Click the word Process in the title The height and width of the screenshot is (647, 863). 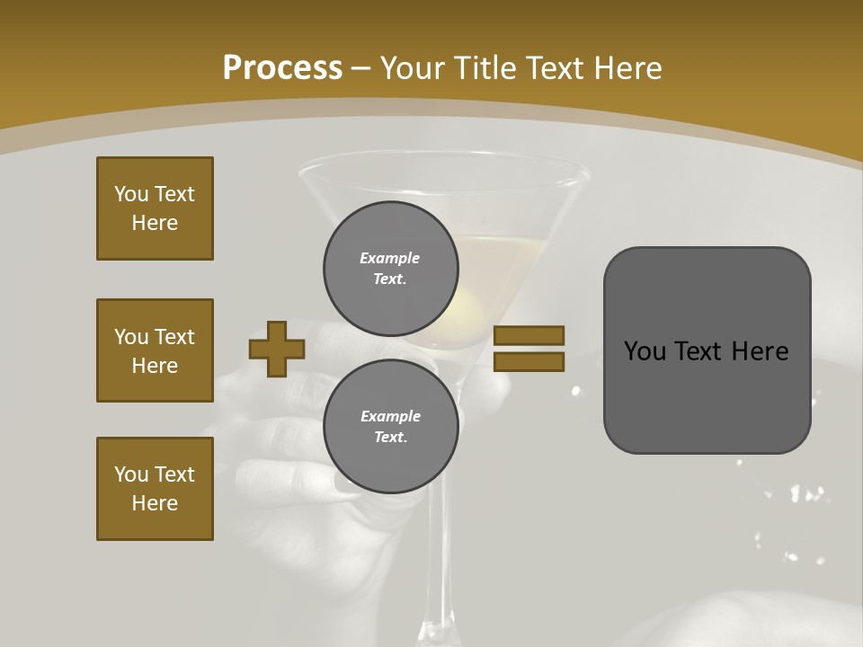pos(282,67)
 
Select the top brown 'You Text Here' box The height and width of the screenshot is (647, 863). pos(155,208)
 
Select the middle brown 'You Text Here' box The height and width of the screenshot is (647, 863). pos(155,350)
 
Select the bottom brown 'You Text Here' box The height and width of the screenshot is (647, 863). pos(155,489)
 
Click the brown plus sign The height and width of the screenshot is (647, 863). pos(277,349)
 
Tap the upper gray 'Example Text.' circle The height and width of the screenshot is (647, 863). pos(391,268)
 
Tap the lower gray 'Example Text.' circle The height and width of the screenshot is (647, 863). pos(391,427)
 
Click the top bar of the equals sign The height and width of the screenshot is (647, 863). pos(529,335)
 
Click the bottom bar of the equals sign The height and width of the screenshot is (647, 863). pos(529,361)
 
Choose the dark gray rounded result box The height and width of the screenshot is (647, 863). pos(707,350)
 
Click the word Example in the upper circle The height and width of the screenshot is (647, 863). pos(390,258)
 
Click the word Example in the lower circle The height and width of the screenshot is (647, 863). pos(390,416)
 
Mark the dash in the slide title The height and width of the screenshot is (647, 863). pos(361,68)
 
